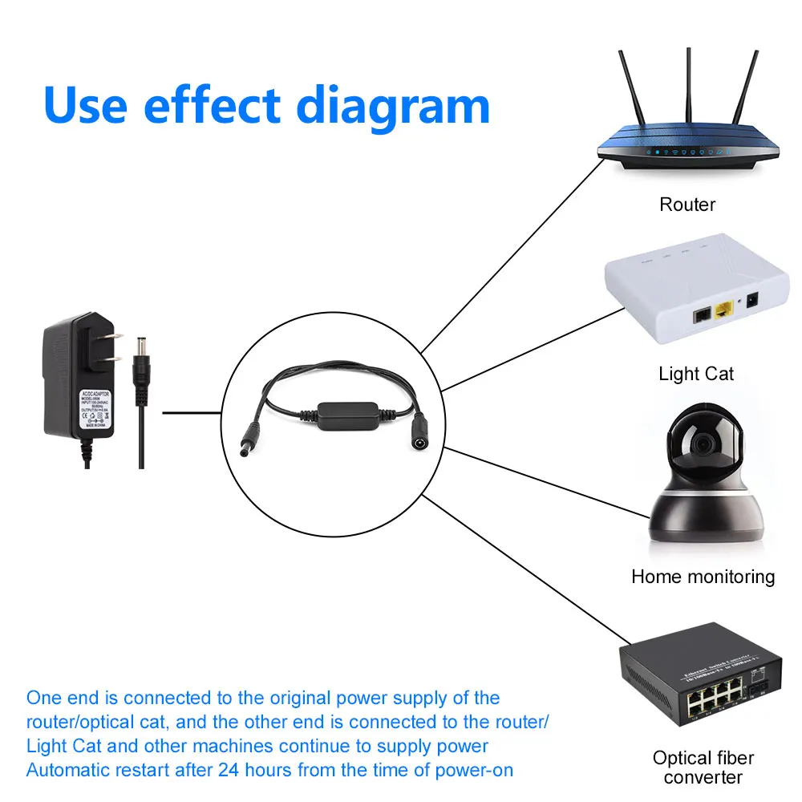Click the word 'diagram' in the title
(x=393, y=106)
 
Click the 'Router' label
(x=687, y=205)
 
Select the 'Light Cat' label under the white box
(x=696, y=373)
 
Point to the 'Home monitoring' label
(x=703, y=576)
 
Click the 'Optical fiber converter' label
(x=703, y=767)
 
